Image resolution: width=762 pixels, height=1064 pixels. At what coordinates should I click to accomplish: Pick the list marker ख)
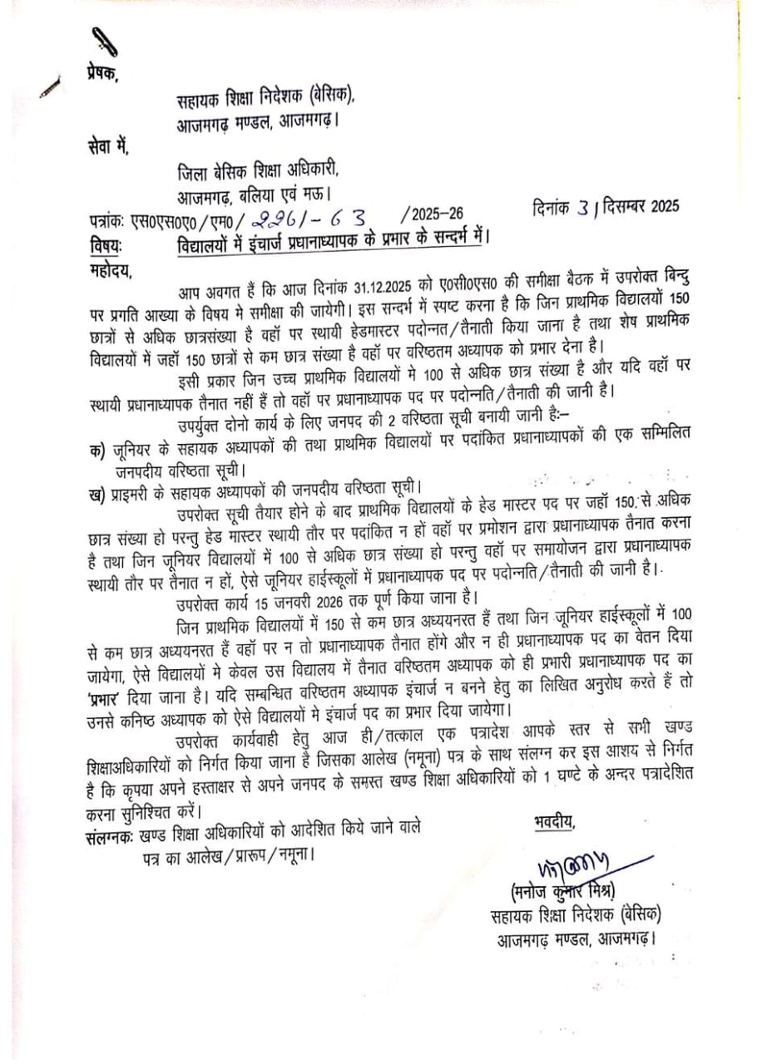pos(98,495)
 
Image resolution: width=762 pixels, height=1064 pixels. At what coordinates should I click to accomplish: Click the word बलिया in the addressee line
pos(277,198)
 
